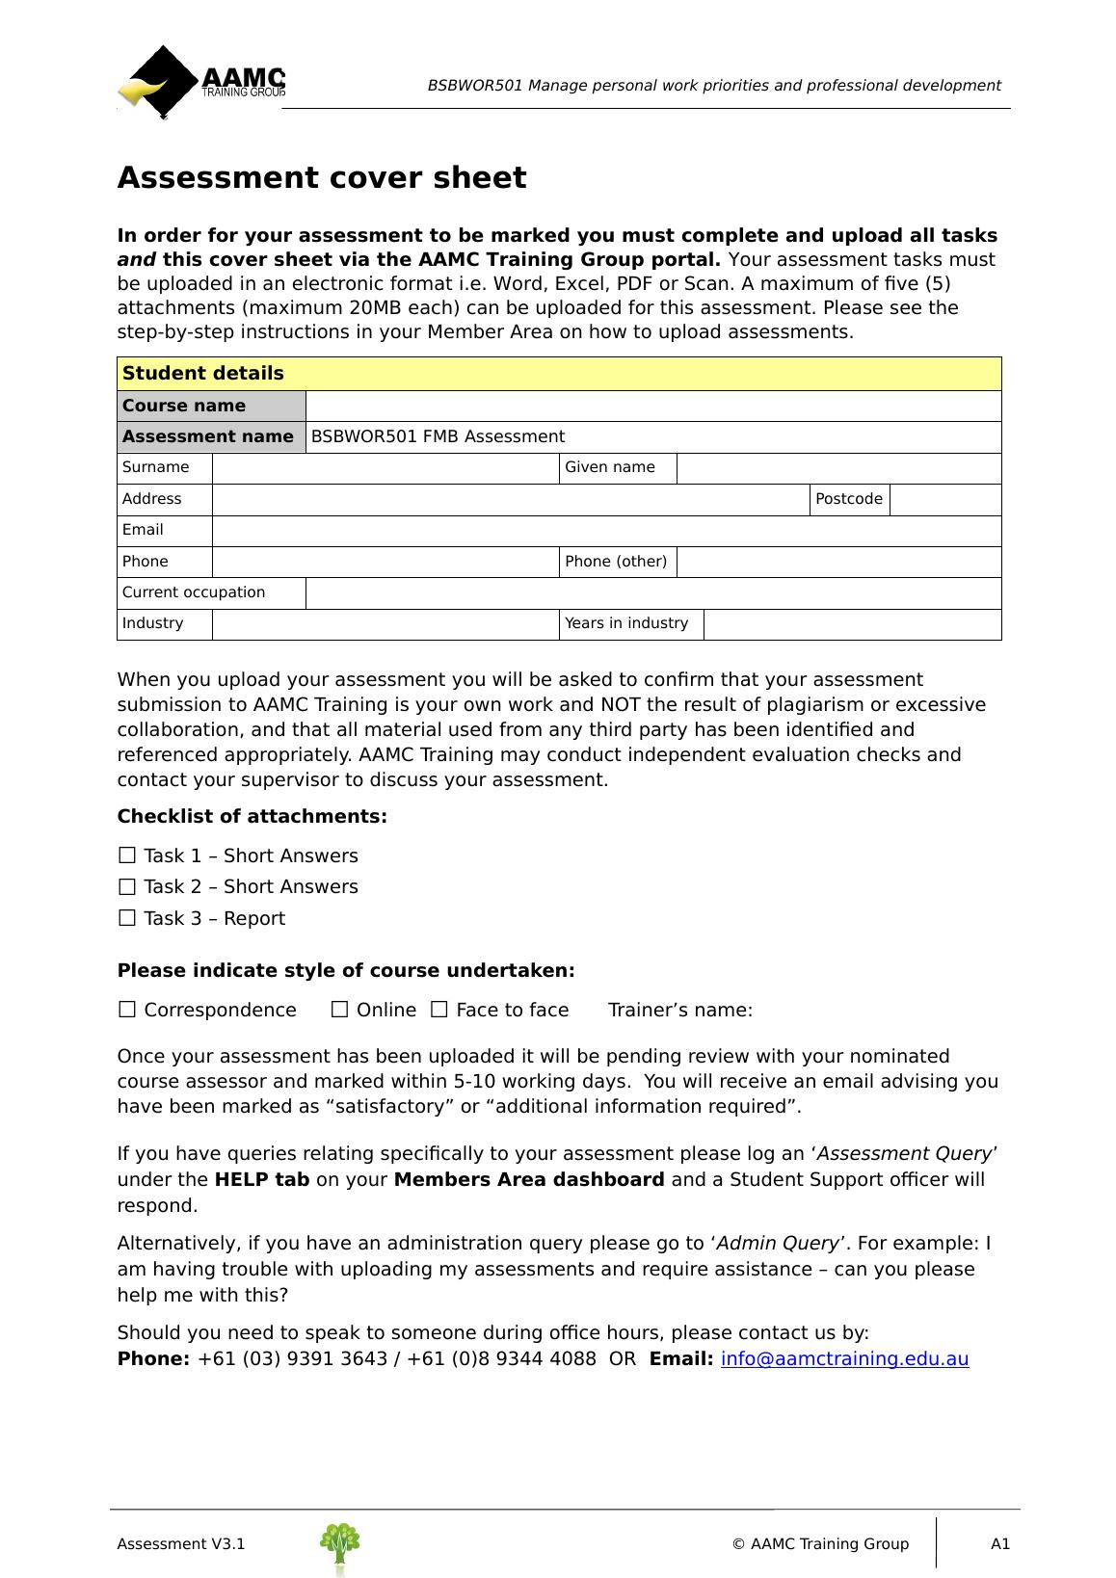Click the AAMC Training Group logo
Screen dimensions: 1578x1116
pos(201,82)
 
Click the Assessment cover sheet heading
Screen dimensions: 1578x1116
pos(322,178)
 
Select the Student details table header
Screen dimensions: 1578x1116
pos(559,374)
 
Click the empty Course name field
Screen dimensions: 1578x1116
pos(653,407)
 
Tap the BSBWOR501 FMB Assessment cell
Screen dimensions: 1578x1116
pos(653,437)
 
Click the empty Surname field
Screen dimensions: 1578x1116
pos(385,468)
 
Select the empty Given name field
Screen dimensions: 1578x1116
pos(838,468)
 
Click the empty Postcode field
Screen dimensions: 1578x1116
pos(944,500)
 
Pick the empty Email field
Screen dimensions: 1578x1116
pos(606,531)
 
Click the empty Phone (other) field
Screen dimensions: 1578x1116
pos(838,562)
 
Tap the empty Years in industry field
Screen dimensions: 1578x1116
pos(852,624)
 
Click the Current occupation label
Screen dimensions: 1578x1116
pos(194,592)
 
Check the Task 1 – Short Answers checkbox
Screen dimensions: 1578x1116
pos(127,855)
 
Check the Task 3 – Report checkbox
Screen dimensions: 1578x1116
pos(127,918)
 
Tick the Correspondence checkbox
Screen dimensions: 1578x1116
pos(127,1010)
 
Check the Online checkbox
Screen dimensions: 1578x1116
pos(339,1010)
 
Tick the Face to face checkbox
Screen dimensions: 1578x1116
pos(439,1010)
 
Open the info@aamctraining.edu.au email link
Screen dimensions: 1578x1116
pos(844,1359)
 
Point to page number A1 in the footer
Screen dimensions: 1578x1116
pos(1000,1544)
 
